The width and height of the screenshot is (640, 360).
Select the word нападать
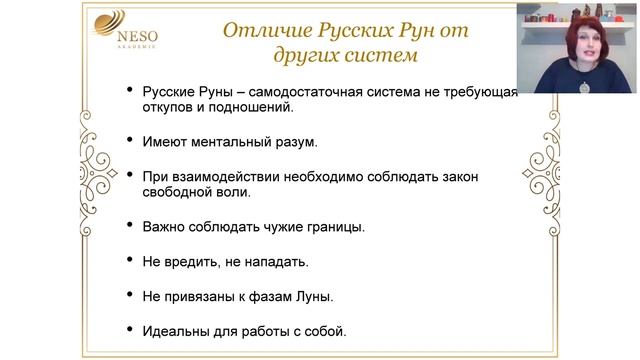272,261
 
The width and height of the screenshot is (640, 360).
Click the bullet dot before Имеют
129,141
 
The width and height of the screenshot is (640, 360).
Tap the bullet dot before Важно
129,224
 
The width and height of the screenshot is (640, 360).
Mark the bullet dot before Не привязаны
129,295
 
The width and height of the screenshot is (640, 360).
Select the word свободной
194,192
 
